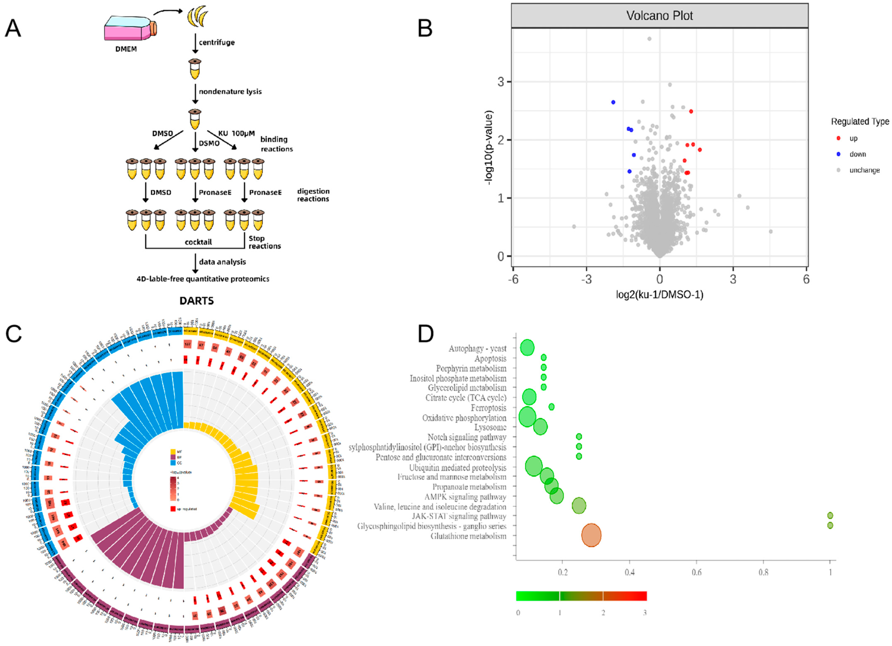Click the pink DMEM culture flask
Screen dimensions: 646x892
click(128, 30)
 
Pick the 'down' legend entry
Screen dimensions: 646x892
click(857, 154)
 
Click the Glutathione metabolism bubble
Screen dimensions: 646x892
click(591, 535)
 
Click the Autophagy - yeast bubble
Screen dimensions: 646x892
click(527, 348)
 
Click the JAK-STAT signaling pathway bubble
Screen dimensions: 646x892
click(830, 515)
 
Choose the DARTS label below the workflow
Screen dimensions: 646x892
click(197, 301)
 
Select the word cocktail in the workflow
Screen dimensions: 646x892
click(198, 242)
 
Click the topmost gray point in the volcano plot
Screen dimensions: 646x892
click(649, 39)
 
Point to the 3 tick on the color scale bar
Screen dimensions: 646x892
click(644, 612)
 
